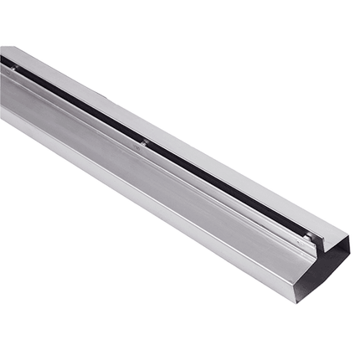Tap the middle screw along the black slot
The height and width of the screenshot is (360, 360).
click(147, 143)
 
